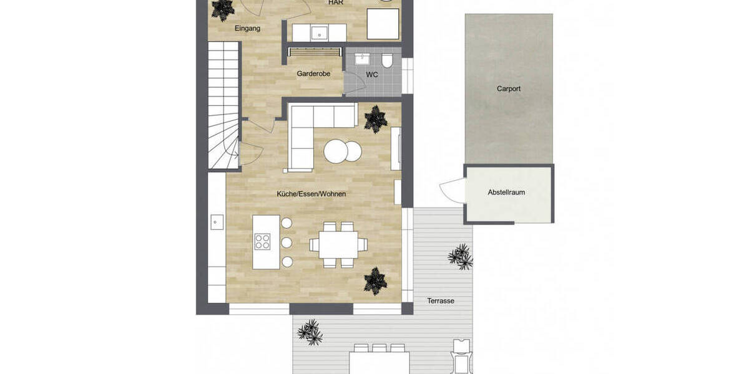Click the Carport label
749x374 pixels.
coord(508,89)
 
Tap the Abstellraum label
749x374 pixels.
coord(506,193)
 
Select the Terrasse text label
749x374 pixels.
coord(441,300)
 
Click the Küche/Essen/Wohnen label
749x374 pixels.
coord(311,194)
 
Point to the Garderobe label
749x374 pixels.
coord(313,74)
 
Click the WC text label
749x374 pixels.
coord(372,75)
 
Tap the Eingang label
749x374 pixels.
coord(247,29)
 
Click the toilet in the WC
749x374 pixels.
coord(388,60)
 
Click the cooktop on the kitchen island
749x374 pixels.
coord(263,241)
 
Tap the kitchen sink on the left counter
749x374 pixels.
coord(217,221)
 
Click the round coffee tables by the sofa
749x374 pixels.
coord(342,151)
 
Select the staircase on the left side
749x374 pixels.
coord(223,106)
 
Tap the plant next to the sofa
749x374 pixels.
coord(376,118)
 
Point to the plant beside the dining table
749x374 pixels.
coord(376,280)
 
